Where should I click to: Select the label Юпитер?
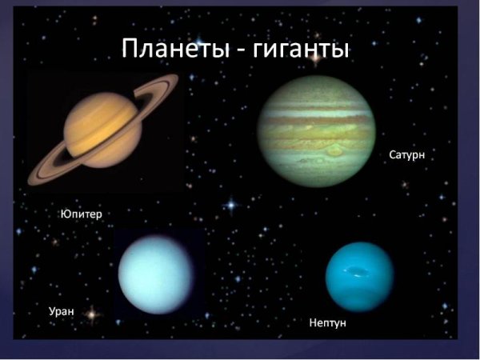pos(82,214)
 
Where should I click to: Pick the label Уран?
pos(62,310)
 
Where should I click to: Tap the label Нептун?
pos(330,323)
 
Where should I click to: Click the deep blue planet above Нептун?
pos(359,276)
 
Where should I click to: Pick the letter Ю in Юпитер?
pos(65,214)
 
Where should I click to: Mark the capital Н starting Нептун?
pos(312,323)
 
